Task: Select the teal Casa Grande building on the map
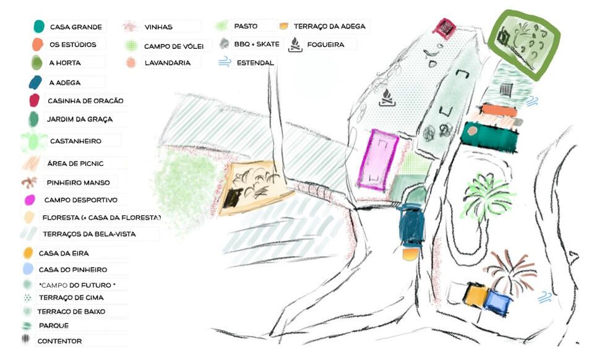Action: point(491,136)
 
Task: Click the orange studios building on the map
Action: point(498,111)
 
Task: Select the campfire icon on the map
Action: point(387,97)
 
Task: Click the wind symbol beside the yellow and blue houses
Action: point(545,298)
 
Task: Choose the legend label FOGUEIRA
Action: point(324,45)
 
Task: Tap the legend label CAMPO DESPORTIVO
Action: point(80,200)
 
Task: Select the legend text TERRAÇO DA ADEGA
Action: point(329,26)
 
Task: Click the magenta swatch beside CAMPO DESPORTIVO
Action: point(29,200)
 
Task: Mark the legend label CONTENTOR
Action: point(59,341)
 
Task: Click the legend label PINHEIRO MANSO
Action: point(78,182)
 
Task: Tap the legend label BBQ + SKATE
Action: point(257,45)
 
